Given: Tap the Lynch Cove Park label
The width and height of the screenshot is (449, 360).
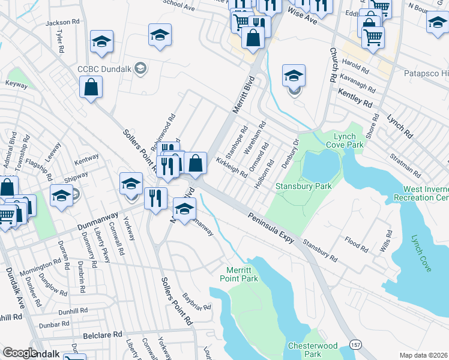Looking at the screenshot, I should coord(349,141).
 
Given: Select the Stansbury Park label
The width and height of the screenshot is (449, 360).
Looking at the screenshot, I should coord(303,187).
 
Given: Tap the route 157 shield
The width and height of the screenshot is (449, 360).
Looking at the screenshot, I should coord(355,346).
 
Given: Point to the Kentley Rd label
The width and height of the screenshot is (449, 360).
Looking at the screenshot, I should coord(355,98).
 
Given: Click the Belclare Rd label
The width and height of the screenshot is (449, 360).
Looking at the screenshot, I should coord(103,334).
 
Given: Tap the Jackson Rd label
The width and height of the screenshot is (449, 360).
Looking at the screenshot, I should coord(62,22).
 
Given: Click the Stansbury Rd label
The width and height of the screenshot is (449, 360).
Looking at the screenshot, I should coord(320,251).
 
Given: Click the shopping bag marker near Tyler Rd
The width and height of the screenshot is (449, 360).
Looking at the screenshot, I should coord(91,86).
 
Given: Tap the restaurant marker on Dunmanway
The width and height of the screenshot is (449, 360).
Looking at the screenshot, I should coord(155,198).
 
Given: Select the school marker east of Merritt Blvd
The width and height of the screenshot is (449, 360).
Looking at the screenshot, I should coord(294,76).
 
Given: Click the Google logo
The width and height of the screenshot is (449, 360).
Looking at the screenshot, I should coord(19,353).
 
